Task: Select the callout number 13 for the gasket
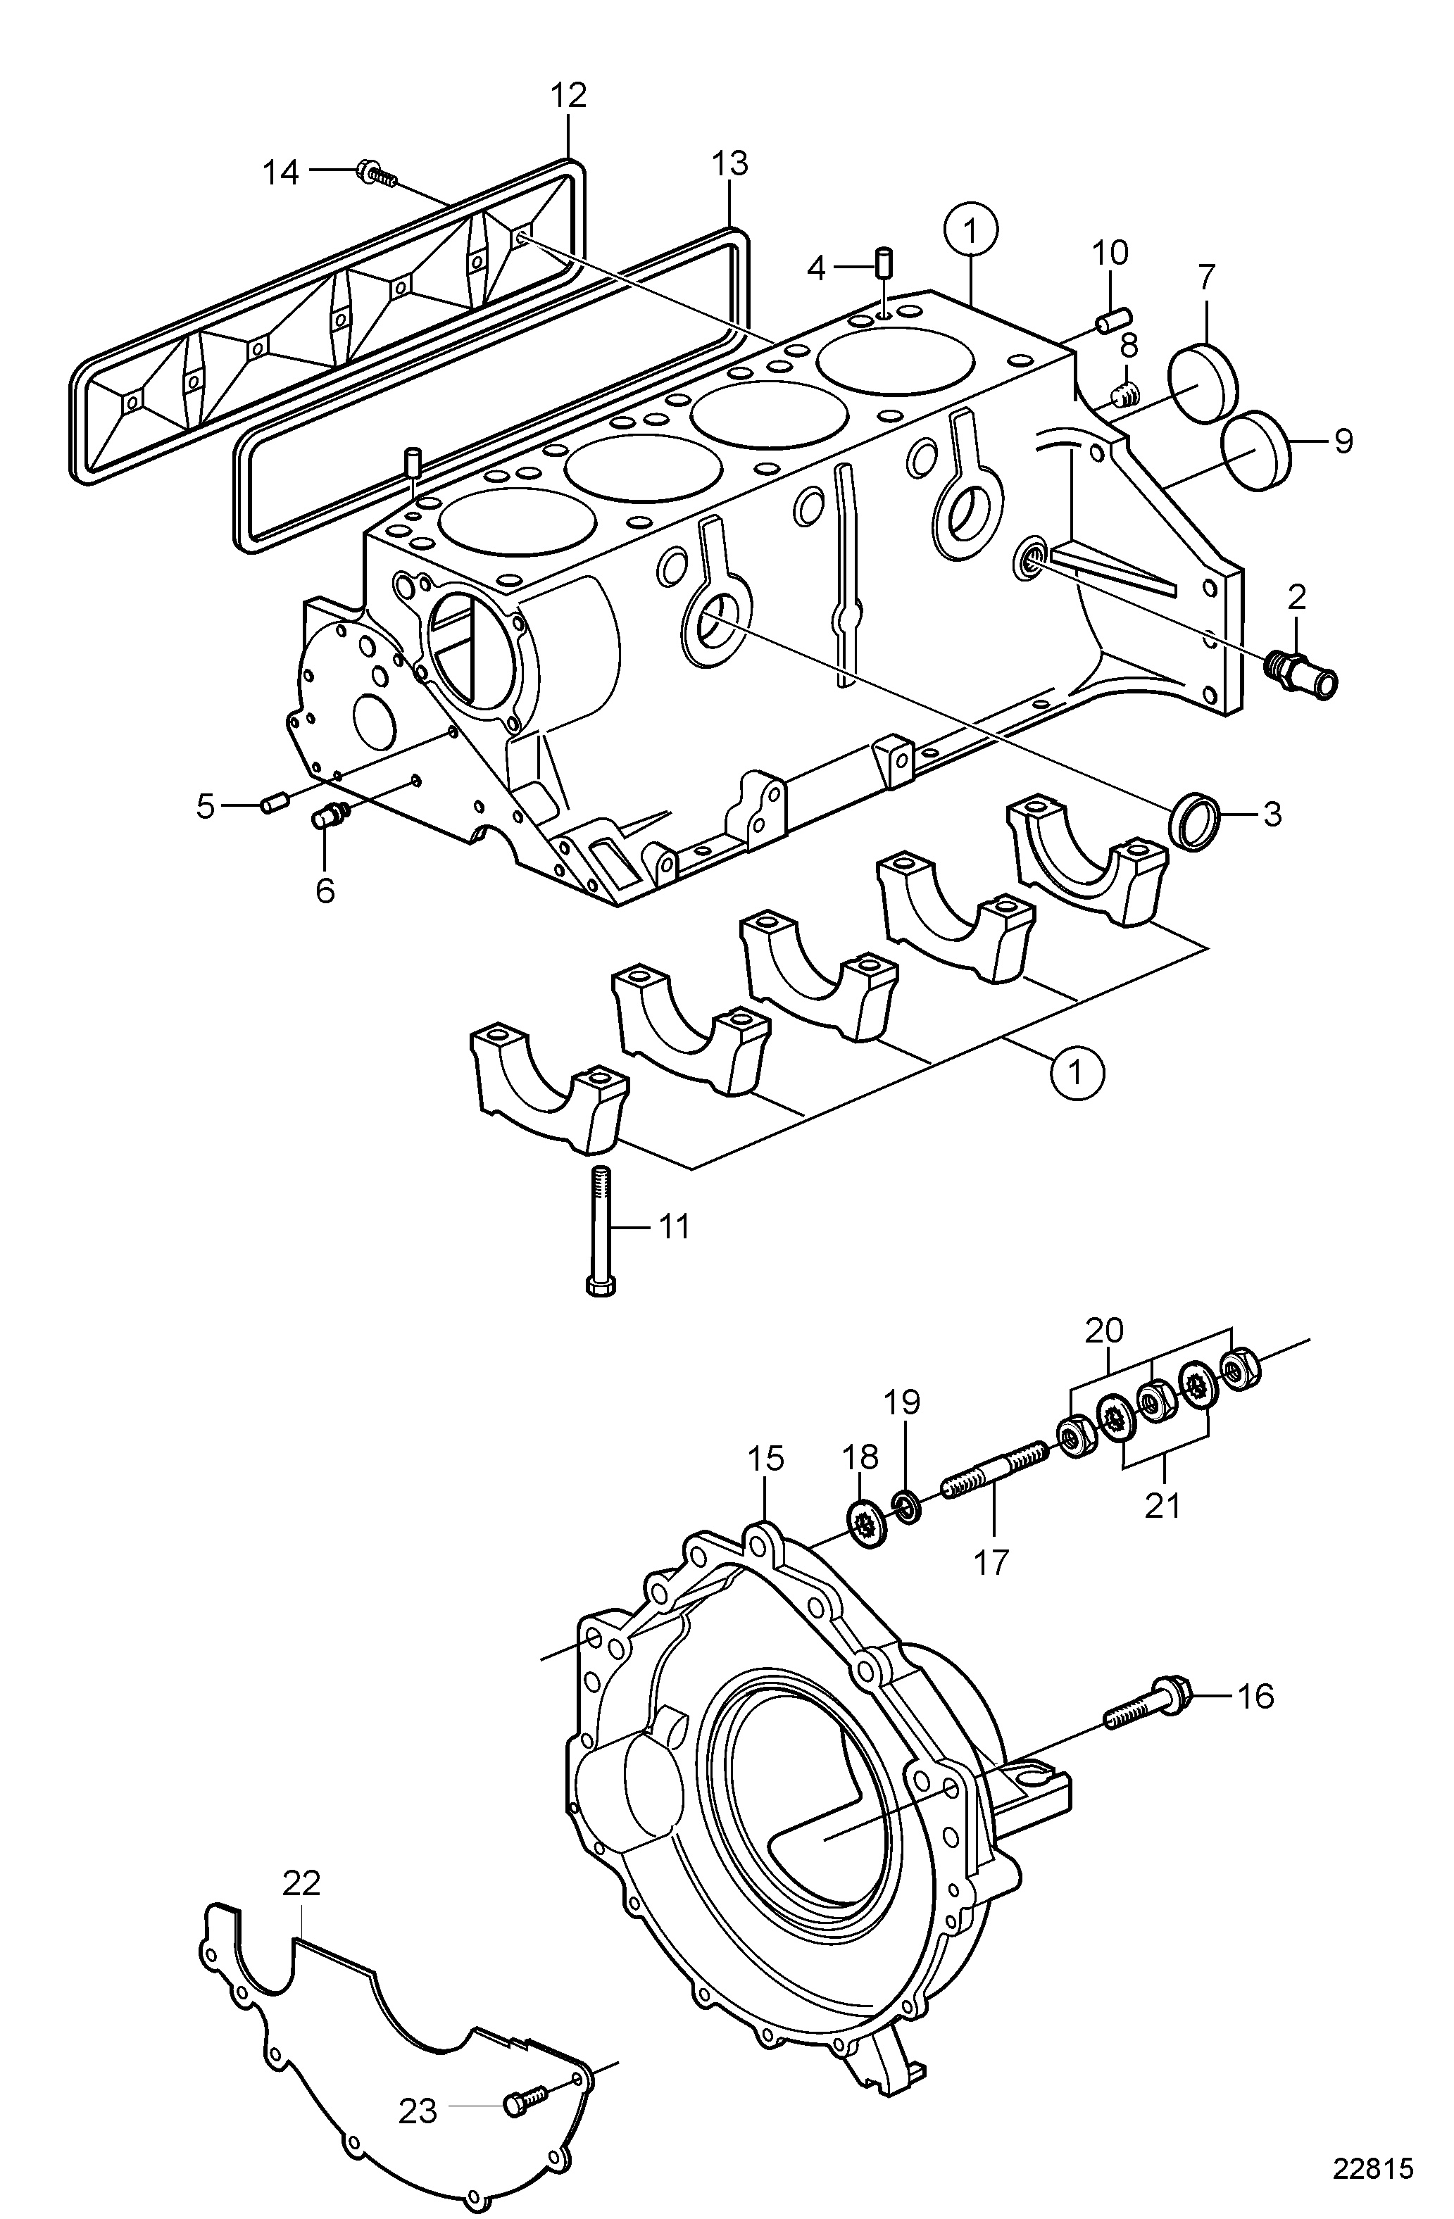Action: (x=730, y=164)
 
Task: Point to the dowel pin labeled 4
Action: (x=885, y=262)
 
